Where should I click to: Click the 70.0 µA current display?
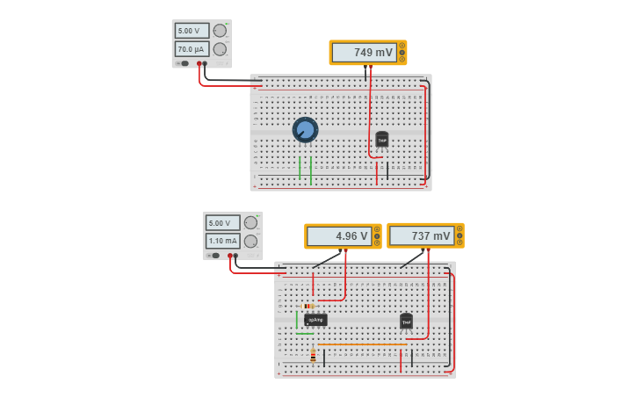pos(192,49)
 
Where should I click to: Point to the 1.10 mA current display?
pos(222,241)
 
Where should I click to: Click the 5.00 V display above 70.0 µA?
pos(192,31)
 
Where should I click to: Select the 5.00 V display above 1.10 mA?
pos(222,223)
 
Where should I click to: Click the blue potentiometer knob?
pos(305,130)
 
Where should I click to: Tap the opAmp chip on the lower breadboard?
pos(315,320)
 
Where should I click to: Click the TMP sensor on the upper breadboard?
pos(381,139)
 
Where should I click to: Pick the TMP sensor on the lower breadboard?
pos(406,322)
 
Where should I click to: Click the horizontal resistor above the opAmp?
pos(308,306)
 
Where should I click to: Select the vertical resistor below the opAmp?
pos(313,356)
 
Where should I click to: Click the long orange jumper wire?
pos(360,344)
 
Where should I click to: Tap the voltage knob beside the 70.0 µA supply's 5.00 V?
pos(220,31)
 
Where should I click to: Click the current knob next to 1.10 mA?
pos(250,241)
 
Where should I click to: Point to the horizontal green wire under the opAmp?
pos(305,334)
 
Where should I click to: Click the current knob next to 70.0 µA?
pos(220,49)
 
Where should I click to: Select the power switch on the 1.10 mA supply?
pos(214,255)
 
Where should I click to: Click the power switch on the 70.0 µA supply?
pos(184,63)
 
